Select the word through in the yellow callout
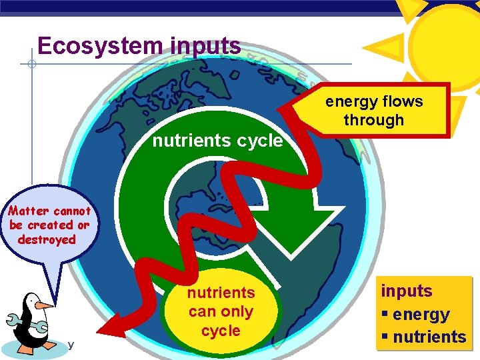pyautogui.click(x=373, y=121)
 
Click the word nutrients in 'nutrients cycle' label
pyautogui.click(x=189, y=141)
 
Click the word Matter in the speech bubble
pyautogui.click(x=29, y=211)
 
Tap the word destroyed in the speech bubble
pyautogui.click(x=47, y=240)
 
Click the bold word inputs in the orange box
pyautogui.click(x=407, y=291)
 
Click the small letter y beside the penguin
pyautogui.click(x=70, y=345)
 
